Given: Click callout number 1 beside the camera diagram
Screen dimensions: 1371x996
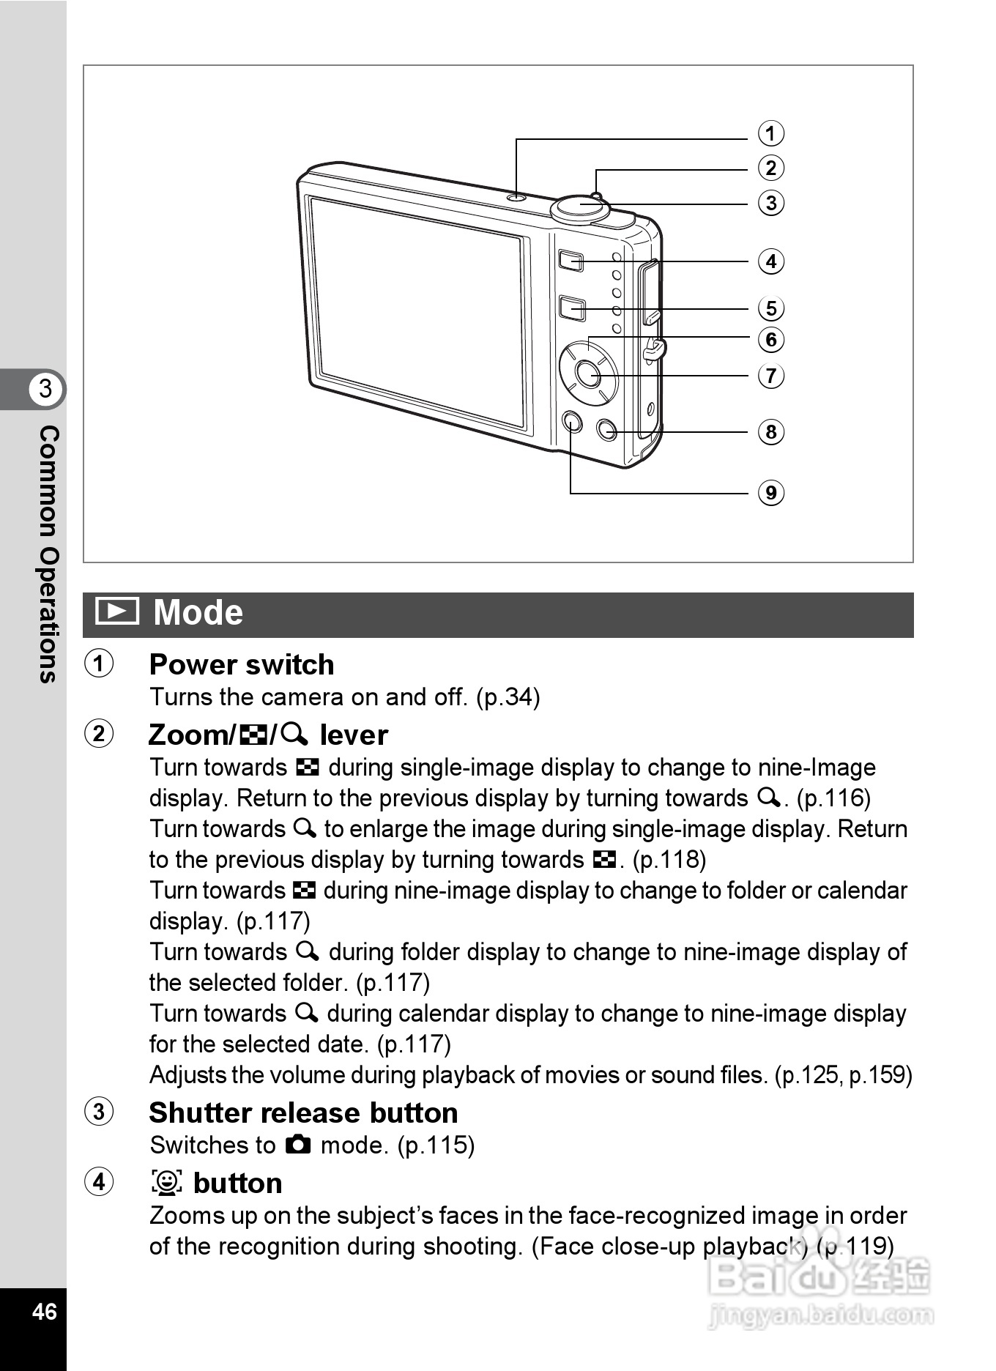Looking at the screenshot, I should pyautogui.click(x=770, y=133).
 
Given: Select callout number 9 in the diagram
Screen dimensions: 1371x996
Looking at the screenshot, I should pyautogui.click(x=770, y=493).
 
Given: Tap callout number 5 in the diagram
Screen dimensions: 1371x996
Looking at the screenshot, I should pyautogui.click(x=770, y=308).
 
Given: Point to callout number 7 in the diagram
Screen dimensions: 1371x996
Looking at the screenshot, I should pyautogui.click(x=770, y=376).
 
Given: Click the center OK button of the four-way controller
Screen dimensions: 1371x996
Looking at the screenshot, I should pyautogui.click(x=587, y=374).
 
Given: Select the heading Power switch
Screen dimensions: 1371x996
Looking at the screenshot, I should pyautogui.click(x=242, y=664).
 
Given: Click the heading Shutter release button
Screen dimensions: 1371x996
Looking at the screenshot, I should pyautogui.click(x=303, y=1112).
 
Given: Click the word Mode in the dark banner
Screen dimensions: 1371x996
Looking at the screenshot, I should pyautogui.click(x=198, y=612).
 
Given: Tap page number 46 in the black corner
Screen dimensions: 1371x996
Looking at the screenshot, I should pyautogui.click(x=44, y=1310).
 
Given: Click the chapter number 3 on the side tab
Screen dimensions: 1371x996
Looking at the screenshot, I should pyautogui.click(x=45, y=388).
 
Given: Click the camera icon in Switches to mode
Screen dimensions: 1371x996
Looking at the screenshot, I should pyautogui.click(x=298, y=1144).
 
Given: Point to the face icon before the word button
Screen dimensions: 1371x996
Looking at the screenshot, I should pyautogui.click(x=167, y=1183).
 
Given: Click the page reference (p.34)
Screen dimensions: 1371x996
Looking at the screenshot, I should pyautogui.click(x=508, y=696).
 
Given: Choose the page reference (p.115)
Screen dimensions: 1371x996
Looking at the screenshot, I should pyautogui.click(x=436, y=1145).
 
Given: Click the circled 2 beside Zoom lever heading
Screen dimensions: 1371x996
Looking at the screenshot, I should pyautogui.click(x=99, y=734).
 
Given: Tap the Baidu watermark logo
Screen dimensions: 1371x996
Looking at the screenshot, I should pyautogui.click(x=820, y=1278).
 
